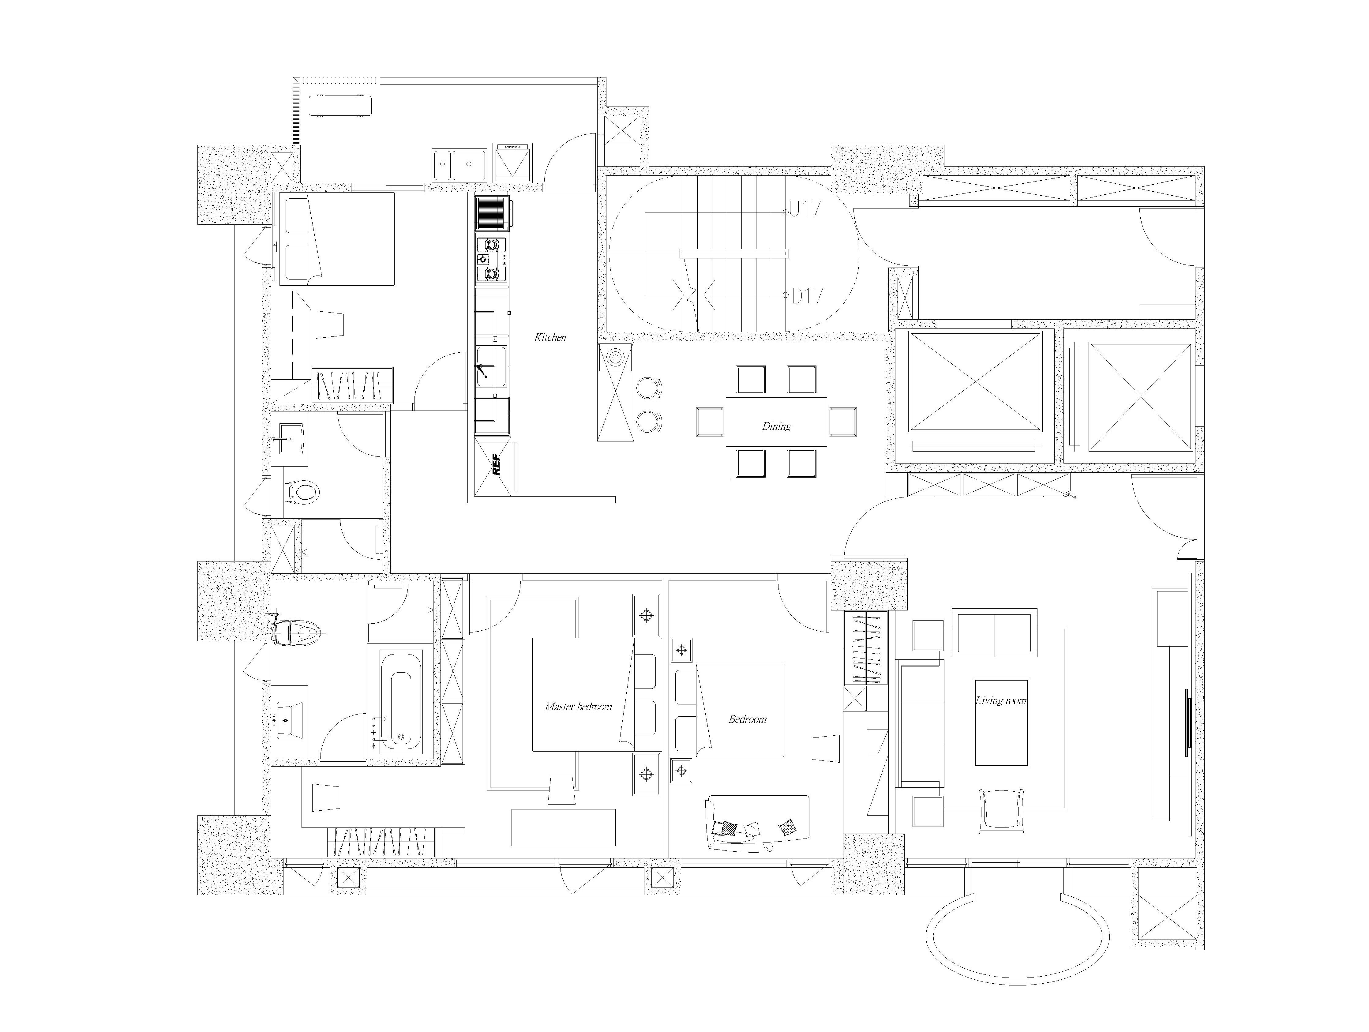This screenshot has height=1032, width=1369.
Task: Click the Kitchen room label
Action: [550, 337]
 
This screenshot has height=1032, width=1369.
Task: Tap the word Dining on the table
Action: [776, 426]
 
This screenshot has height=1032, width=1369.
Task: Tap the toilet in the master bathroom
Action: [296, 632]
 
